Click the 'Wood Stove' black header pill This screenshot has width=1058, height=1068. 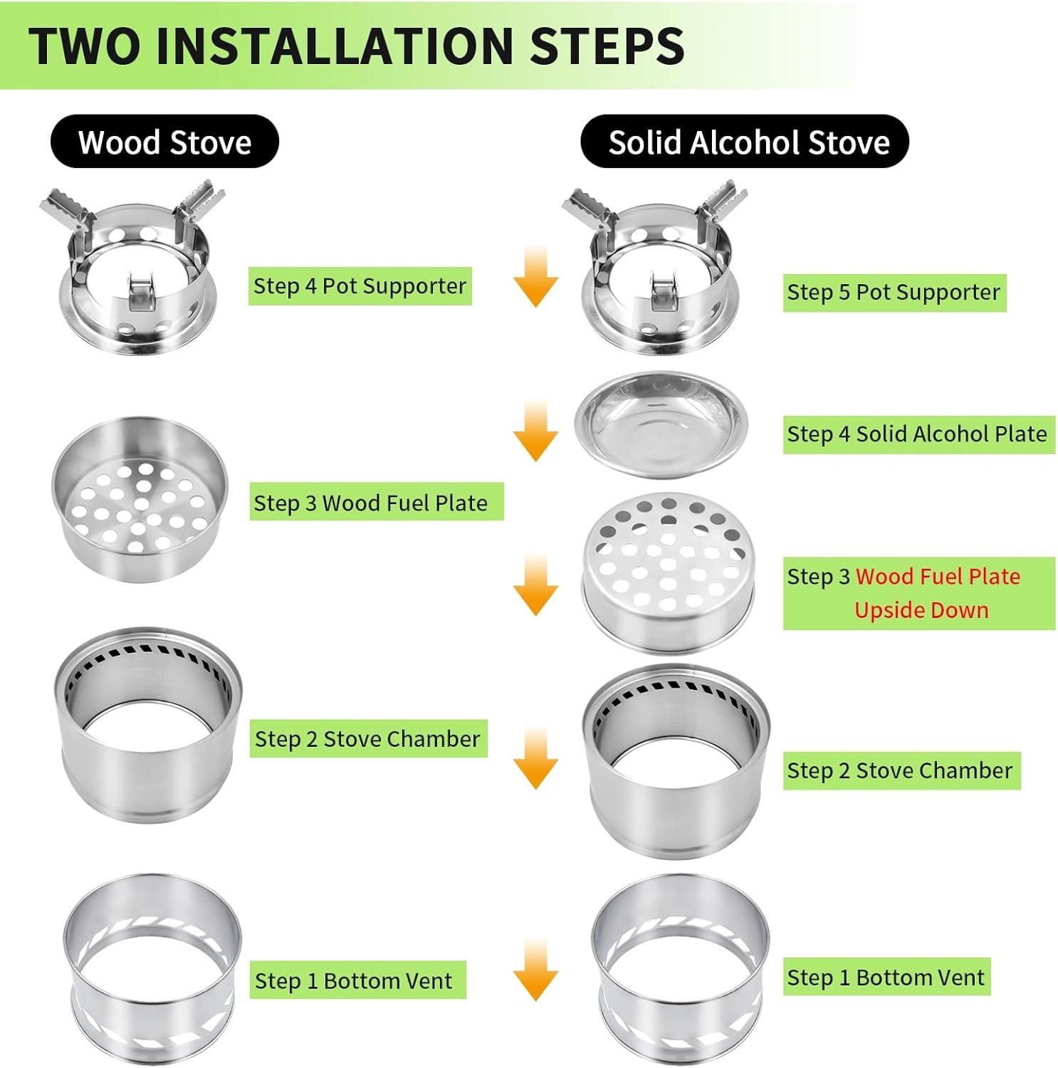[x=164, y=142]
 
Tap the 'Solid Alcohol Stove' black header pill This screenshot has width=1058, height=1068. [x=745, y=142]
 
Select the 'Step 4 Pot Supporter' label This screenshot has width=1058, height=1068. [x=360, y=286]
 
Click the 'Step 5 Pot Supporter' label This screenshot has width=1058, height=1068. [x=894, y=293]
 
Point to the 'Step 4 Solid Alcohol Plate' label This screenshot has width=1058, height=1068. [x=918, y=434]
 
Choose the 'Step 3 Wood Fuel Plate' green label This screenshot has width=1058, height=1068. [x=377, y=502]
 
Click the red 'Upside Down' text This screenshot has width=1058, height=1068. [x=921, y=610]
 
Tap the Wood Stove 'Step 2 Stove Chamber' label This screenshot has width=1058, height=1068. [x=368, y=738]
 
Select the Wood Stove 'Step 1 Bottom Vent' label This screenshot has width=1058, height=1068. [x=357, y=980]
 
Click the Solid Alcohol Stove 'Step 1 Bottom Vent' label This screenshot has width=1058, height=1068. [x=886, y=977]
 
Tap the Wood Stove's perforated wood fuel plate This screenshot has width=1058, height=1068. [x=140, y=500]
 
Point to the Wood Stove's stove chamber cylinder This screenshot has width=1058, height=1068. [x=148, y=724]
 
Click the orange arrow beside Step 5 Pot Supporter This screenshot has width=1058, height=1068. [x=535, y=277]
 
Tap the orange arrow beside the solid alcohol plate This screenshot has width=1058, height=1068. [x=535, y=431]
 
